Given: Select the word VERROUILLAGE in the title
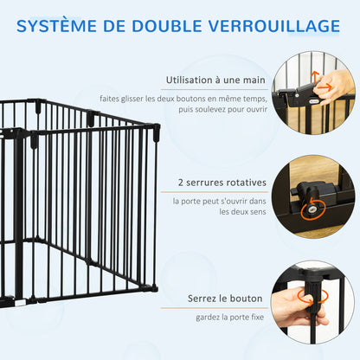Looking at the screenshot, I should point(279,27).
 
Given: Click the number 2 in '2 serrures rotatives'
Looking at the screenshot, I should point(180,183).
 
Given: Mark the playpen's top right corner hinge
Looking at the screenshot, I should point(157,132).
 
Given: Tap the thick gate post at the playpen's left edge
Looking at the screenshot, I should point(17,216).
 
